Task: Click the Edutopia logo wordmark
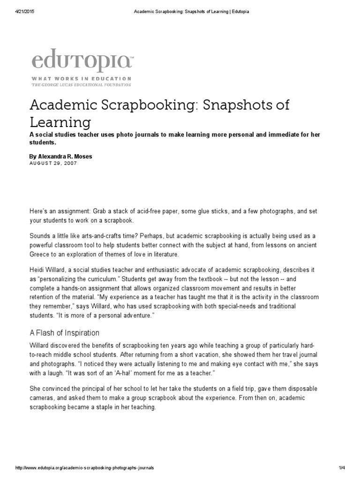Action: coord(82,61)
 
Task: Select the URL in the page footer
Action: coord(84,468)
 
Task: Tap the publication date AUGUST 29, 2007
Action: coord(53,163)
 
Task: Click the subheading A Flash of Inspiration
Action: coord(64,333)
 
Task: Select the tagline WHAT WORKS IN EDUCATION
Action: coord(81,79)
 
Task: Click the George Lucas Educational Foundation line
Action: coord(81,85)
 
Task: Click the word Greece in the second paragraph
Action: coord(41,255)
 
